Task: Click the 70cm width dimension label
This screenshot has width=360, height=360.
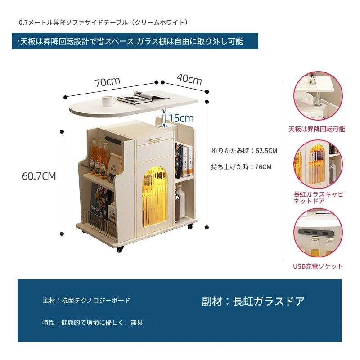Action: pos(108,82)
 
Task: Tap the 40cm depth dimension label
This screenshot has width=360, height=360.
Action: pos(189,79)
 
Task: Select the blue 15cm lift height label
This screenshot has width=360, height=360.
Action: pos(181,118)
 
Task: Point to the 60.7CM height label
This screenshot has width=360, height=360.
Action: pos(39,176)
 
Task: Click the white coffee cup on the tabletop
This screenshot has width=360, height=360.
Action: pos(109,101)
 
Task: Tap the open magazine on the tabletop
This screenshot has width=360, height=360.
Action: pos(142,98)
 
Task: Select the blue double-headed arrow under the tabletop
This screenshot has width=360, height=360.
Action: pos(164,118)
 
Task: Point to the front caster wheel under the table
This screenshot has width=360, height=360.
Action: pos(120,249)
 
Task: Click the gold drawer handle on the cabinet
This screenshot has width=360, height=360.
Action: pos(156,139)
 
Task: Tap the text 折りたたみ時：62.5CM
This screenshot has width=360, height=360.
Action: pos(244,151)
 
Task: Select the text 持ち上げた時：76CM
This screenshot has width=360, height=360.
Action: pos(241,167)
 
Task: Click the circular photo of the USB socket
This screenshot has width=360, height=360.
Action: pos(318,233)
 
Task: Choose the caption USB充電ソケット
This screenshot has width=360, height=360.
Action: pos(318,266)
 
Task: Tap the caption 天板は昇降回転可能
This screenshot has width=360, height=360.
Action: pos(317,129)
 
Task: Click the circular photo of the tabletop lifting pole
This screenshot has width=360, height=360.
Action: pos(318,96)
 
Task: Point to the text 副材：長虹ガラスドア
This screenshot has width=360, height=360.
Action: pos(253,301)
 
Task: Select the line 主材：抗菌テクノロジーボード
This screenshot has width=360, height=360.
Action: pos(86,301)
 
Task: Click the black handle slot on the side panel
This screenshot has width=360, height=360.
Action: pos(113,140)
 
